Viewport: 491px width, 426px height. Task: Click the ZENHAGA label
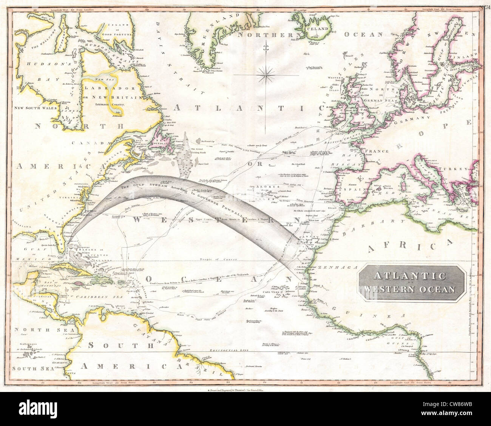tap(332, 267)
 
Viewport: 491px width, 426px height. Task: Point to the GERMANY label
tap(412, 121)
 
